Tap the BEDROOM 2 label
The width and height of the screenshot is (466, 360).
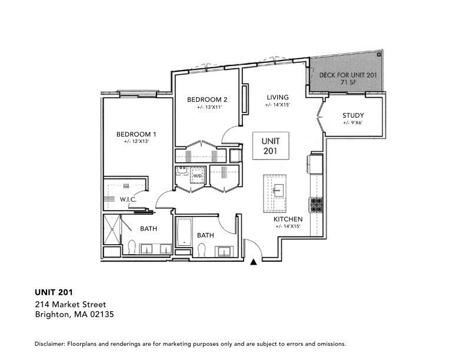pos(207,99)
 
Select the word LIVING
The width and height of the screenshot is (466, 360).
pos(277,97)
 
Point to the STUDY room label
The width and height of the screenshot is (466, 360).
pos(353,115)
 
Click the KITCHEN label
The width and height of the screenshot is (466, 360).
pos(288,219)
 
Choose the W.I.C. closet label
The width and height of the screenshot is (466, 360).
pos(128,199)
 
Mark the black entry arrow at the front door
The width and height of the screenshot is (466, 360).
pos(254,262)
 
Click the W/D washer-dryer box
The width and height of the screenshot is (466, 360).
pos(198,176)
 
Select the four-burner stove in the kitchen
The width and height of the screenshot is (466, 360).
pos(316,205)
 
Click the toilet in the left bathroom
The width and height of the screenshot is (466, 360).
pos(131,247)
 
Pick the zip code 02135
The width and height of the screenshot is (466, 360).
pos(101,315)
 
